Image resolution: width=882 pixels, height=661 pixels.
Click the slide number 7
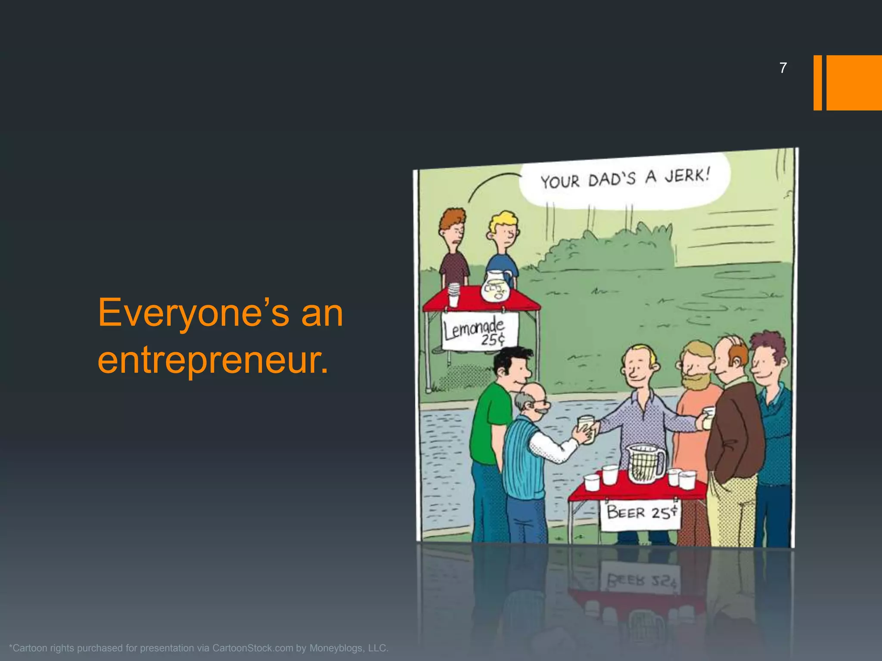point(783,68)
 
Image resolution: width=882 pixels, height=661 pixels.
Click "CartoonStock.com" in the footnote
point(252,648)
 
